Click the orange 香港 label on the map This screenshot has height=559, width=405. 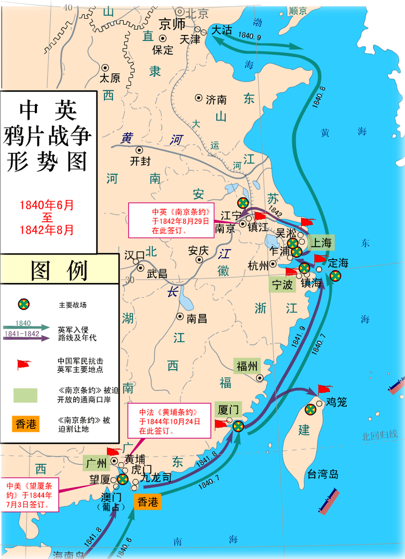(148, 502)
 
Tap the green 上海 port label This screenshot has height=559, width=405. (320, 243)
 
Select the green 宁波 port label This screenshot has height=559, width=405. (282, 285)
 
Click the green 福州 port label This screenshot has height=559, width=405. (247, 366)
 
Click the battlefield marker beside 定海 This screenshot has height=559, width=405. (335, 276)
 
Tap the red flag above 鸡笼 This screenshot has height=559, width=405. (323, 390)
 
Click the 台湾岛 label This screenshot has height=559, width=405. (322, 474)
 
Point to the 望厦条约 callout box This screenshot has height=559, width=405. (29, 493)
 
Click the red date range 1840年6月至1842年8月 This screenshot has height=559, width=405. (47, 217)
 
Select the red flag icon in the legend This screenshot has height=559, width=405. (23, 365)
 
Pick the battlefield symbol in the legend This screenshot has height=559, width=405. (23, 304)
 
